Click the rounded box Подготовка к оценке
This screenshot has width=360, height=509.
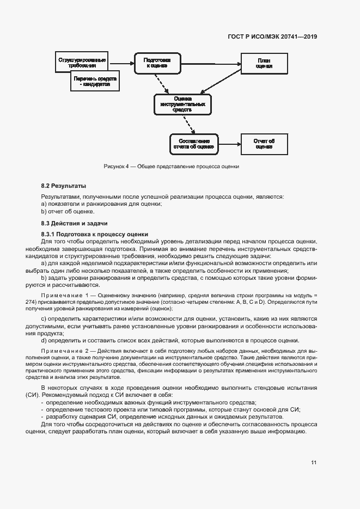(x=157, y=63)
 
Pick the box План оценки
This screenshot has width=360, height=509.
(x=264, y=63)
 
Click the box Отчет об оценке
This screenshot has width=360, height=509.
(x=264, y=144)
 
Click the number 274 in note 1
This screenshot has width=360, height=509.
(x=46, y=302)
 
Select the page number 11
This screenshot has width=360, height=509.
(x=314, y=463)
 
